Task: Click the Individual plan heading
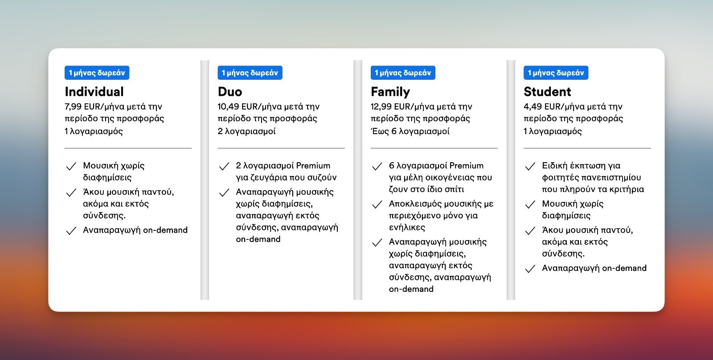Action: point(94,92)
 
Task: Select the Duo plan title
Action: point(230,92)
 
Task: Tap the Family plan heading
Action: point(390,92)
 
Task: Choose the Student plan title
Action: point(547,92)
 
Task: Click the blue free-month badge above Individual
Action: point(97,73)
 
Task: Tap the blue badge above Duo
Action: point(250,73)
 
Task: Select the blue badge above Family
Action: point(403,73)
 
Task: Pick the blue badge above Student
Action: point(556,73)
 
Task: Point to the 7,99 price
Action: point(73,106)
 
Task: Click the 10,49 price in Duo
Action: point(228,106)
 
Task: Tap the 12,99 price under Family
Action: point(381,106)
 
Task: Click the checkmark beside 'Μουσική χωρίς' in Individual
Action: point(71,166)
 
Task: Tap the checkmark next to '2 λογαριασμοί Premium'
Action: point(224,166)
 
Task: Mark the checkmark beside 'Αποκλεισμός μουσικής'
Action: point(377,205)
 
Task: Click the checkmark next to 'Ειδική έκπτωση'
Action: point(530,166)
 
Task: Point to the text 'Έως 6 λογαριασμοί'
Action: point(410,131)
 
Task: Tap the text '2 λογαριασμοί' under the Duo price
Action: point(247,131)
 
